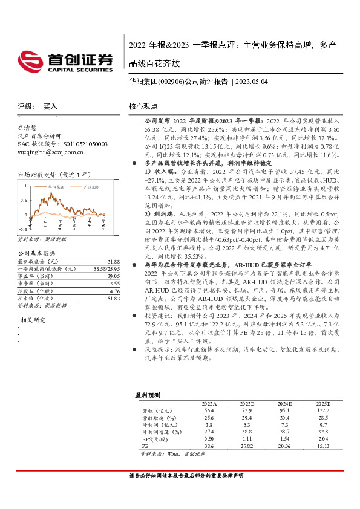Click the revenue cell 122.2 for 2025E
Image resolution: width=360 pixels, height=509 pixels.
pos(321,410)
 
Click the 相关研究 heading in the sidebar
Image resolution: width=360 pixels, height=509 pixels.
pos(34,319)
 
